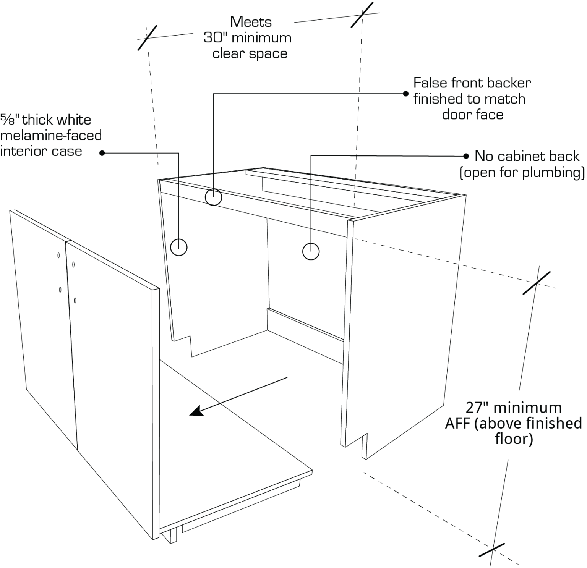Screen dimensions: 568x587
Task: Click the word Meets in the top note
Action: click(251, 22)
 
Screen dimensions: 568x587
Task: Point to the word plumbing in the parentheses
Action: click(552, 173)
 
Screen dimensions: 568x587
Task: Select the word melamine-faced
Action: click(51, 136)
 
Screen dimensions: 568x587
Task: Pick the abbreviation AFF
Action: click(457, 424)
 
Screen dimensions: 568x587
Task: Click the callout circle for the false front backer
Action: click(213, 197)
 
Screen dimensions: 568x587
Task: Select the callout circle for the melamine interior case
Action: click(178, 247)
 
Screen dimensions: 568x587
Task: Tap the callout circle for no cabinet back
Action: click(311, 252)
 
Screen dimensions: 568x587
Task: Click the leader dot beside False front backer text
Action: click(405, 94)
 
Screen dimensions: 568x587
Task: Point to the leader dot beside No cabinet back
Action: click(466, 156)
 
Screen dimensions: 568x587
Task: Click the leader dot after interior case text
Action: click(102, 153)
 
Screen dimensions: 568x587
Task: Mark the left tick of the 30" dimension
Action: click(147, 37)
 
